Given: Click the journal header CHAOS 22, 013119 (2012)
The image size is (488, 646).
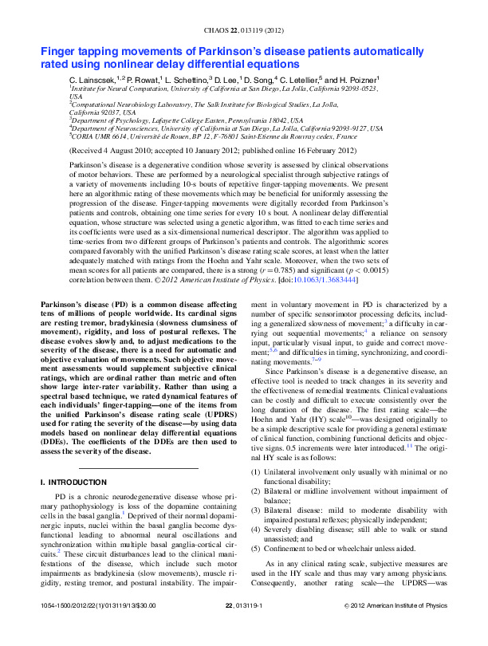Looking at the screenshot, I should pos(244,30).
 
